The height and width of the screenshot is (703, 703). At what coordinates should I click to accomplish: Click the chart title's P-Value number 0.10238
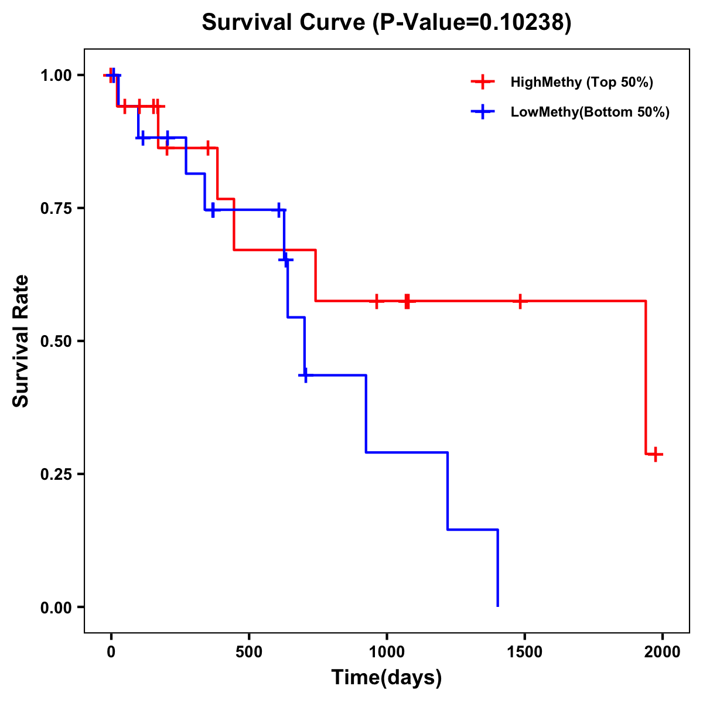click(x=523, y=22)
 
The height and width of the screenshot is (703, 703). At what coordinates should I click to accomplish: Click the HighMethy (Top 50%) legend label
click(x=581, y=82)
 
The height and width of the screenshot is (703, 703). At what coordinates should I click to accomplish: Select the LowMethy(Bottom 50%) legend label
click(x=590, y=112)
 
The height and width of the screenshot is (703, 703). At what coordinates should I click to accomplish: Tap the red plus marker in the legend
click(x=482, y=82)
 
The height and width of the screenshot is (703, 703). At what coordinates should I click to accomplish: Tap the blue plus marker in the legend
click(x=482, y=112)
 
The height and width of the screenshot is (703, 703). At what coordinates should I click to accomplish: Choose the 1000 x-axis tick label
click(x=387, y=652)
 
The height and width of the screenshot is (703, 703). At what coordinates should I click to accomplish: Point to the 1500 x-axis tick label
click(x=524, y=652)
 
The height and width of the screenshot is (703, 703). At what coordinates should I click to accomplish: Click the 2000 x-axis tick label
click(x=662, y=652)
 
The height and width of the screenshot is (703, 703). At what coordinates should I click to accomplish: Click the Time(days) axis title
click(x=387, y=678)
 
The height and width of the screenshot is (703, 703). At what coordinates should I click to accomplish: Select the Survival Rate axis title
click(x=21, y=341)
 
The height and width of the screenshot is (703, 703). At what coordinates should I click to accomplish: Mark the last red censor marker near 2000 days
click(x=656, y=454)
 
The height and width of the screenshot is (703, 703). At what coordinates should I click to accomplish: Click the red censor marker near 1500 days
click(x=520, y=301)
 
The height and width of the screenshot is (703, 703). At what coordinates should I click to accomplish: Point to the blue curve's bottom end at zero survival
click(x=497, y=606)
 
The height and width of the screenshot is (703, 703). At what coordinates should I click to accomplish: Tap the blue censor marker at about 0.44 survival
click(x=305, y=375)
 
